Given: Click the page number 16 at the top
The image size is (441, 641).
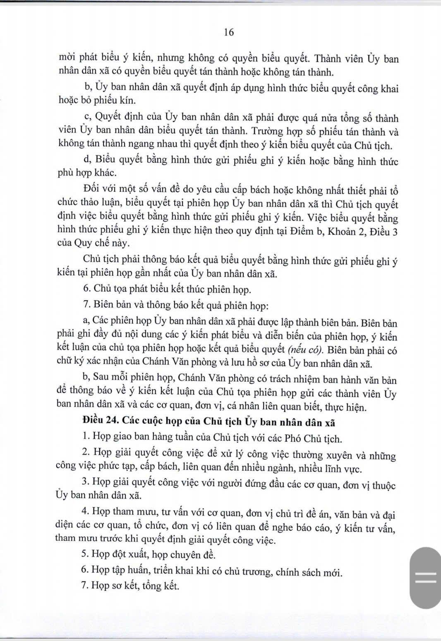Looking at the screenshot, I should point(229,32).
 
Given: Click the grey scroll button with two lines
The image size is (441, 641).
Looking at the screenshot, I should point(425,577).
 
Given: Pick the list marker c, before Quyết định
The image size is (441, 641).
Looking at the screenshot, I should point(86,118).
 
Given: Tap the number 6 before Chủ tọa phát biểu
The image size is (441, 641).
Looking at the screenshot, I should point(86,289).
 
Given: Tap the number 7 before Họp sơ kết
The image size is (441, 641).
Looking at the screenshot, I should point(85,586).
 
